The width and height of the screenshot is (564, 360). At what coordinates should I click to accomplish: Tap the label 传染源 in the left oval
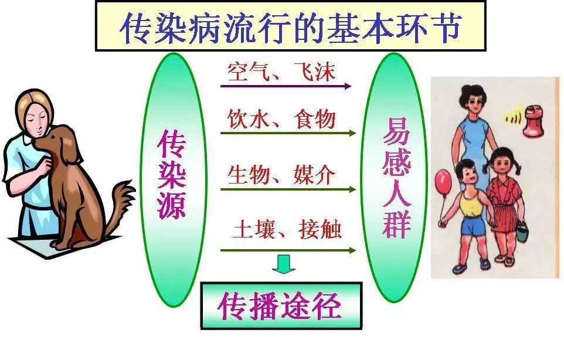point(172,174)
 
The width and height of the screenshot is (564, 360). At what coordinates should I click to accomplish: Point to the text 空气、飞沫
point(281,72)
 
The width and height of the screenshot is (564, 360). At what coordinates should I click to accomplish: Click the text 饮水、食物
point(281,119)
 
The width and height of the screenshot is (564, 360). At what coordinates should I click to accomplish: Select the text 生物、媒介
point(281,175)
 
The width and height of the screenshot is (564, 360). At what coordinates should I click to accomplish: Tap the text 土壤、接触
point(287,229)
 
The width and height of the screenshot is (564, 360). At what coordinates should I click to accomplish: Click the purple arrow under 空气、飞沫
point(286,86)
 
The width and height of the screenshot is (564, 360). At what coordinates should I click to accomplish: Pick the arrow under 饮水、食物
point(288,134)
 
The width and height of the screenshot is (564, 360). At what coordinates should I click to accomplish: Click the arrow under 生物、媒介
point(288,189)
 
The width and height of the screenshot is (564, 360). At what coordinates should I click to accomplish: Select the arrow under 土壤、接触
point(288,250)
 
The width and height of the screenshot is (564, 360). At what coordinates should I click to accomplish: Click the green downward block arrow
point(283,264)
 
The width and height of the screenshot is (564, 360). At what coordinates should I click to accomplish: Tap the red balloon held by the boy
point(443,182)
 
